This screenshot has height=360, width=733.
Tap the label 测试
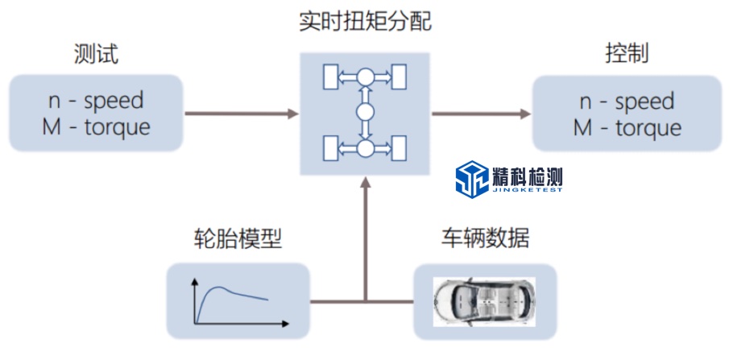pyautogui.click(x=96, y=55)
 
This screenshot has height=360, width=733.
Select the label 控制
pyautogui.click(x=627, y=55)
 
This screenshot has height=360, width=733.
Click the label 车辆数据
pyautogui.click(x=485, y=238)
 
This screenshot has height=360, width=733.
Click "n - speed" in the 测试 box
pyautogui.click(x=96, y=101)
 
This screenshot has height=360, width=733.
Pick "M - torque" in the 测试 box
pyautogui.click(x=96, y=126)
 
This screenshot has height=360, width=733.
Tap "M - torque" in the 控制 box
pyautogui.click(x=627, y=127)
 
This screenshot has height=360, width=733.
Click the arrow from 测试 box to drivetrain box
pyautogui.click(x=242, y=114)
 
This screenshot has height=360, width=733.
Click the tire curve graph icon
pyautogui.click(x=238, y=301)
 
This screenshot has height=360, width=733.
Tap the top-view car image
pyautogui.click(x=484, y=301)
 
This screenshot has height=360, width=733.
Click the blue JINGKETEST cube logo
pyautogui.click(x=471, y=179)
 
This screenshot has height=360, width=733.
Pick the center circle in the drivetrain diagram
pyautogui.click(x=366, y=113)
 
